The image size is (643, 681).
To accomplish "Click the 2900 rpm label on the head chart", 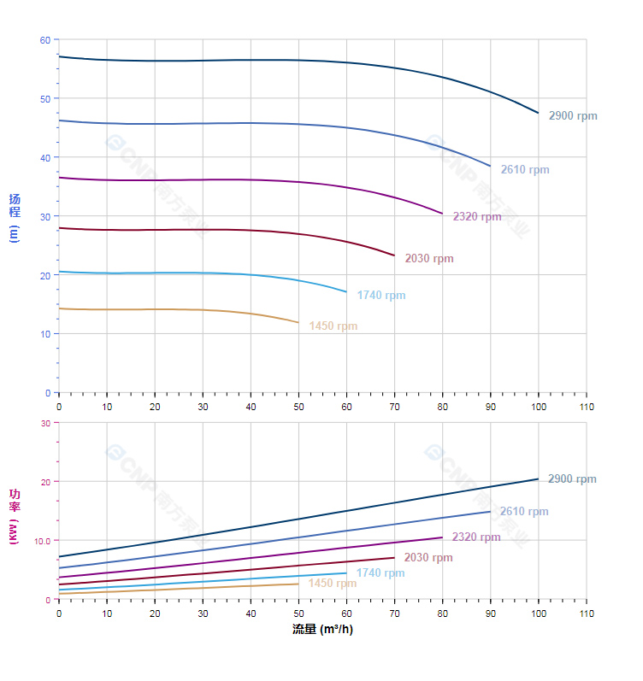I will [x=573, y=116].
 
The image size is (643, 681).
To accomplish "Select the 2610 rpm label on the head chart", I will [x=525, y=170].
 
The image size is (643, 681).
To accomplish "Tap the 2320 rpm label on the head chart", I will [x=477, y=217].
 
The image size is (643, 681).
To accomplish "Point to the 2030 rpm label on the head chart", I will [x=429, y=259].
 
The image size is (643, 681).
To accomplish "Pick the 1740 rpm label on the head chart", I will [x=381, y=296].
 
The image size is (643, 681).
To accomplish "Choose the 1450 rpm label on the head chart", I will [x=333, y=326].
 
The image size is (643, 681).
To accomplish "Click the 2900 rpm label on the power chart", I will [x=572, y=479].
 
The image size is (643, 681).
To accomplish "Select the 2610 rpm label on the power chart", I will [x=524, y=512].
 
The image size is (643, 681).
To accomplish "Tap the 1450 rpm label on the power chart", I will [x=333, y=584].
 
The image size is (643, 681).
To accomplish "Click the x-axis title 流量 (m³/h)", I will [x=322, y=630].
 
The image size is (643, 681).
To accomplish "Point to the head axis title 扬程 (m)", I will [x=15, y=217].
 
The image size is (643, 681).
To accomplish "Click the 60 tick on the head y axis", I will [x=45, y=40].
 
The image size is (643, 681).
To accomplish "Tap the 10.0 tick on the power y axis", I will [x=42, y=541].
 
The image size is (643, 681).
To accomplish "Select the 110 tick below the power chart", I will [x=586, y=613].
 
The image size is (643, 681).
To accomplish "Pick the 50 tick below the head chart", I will [x=298, y=407].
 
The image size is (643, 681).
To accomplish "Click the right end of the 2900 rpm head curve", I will [x=538, y=113].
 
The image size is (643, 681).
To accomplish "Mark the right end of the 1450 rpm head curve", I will [x=298, y=323].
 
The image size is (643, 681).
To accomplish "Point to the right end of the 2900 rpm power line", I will [x=538, y=479].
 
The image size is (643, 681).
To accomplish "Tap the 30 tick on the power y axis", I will [x=45, y=423].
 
